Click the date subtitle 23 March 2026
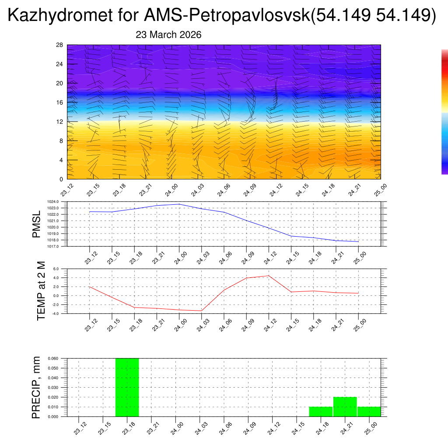pos(168,35)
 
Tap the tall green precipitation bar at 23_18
pos(127,387)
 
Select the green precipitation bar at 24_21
pos(345,406)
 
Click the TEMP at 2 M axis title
pos(41,291)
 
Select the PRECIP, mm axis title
pos(36,387)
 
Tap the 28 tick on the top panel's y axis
pos(60,45)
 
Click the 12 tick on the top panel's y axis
pos(60,122)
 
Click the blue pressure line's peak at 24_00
pos(179,204)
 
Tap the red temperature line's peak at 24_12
pos(269,276)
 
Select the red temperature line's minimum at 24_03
pos(201,311)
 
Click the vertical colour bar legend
pos(444,112)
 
